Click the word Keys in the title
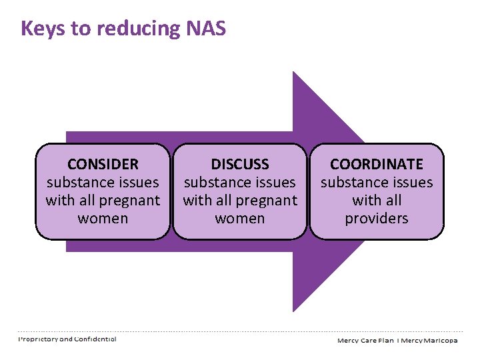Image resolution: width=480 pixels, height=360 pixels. click(x=39, y=29)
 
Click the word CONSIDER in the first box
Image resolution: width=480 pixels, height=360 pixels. click(x=103, y=164)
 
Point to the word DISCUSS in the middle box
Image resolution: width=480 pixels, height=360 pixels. click(x=240, y=164)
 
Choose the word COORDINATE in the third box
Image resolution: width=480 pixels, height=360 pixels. click(x=377, y=164)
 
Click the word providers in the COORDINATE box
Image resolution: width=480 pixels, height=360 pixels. click(x=377, y=219)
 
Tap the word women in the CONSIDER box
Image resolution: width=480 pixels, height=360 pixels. click(x=103, y=219)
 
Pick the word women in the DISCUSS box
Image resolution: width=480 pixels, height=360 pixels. click(x=240, y=219)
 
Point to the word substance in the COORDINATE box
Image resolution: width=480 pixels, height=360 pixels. click(x=350, y=182)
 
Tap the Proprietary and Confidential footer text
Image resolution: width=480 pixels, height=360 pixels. click(x=67, y=339)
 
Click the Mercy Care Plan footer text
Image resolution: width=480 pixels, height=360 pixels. click(x=365, y=340)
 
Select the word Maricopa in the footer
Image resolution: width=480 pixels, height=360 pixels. click(x=439, y=340)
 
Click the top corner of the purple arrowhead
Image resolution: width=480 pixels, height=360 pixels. click(x=294, y=73)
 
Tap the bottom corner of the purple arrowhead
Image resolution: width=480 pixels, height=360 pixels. click(x=294, y=310)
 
